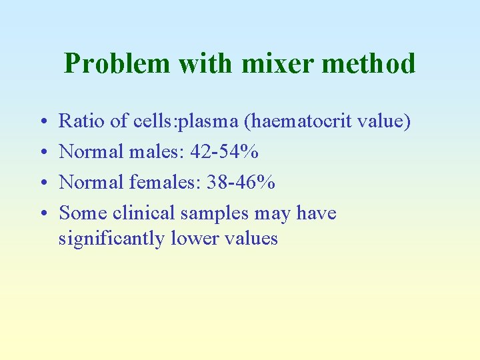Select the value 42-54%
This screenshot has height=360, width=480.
click(225, 151)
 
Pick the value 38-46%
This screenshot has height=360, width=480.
click(241, 182)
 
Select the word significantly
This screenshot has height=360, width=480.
click(110, 238)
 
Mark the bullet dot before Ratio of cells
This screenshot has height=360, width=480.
click(43, 122)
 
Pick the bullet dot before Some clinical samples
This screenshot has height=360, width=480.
click(43, 214)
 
